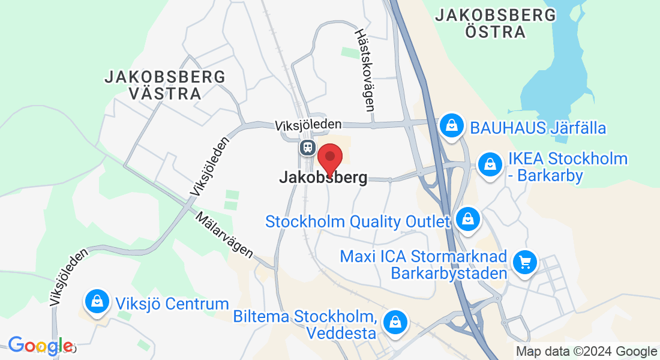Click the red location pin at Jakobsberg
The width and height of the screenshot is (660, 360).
(329, 157)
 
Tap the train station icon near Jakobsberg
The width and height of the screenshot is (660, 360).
(307, 146)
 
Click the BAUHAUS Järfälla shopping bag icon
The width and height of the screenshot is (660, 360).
(450, 126)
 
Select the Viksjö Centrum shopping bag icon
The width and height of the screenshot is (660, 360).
(97, 301)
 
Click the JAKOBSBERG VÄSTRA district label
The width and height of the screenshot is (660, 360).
(165, 85)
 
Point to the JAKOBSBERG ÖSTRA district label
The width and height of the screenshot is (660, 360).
(496, 23)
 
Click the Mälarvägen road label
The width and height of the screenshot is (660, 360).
(224, 235)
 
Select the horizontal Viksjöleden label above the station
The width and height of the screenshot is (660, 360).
(308, 125)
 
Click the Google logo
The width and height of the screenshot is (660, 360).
(40, 346)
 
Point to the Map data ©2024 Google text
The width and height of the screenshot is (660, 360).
(587, 352)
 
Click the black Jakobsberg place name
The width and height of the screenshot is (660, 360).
(323, 178)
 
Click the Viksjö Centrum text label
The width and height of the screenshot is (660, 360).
(173, 304)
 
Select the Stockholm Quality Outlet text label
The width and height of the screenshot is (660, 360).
(358, 221)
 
